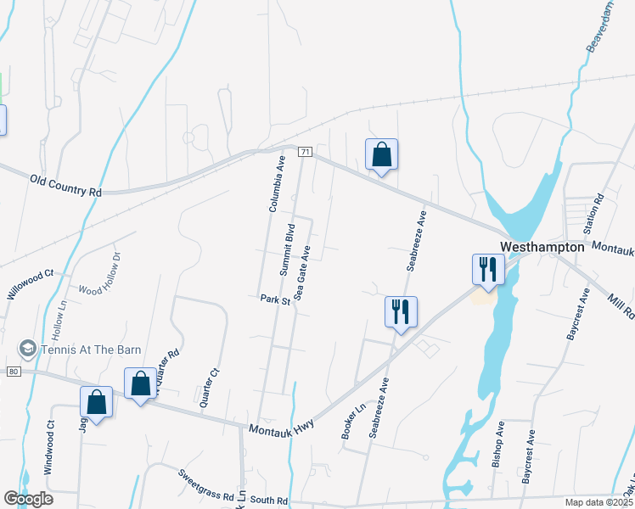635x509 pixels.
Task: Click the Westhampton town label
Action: click(x=542, y=247)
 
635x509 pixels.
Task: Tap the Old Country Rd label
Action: click(x=65, y=186)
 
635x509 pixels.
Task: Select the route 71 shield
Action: click(x=306, y=151)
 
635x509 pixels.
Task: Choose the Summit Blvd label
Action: click(x=288, y=249)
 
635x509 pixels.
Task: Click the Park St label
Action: click(x=275, y=299)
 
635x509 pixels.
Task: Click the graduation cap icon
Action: click(x=28, y=349)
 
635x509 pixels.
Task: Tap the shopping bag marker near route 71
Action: click(x=382, y=155)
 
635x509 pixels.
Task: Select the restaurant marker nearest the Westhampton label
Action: click(x=488, y=270)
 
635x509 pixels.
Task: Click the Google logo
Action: click(x=28, y=498)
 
